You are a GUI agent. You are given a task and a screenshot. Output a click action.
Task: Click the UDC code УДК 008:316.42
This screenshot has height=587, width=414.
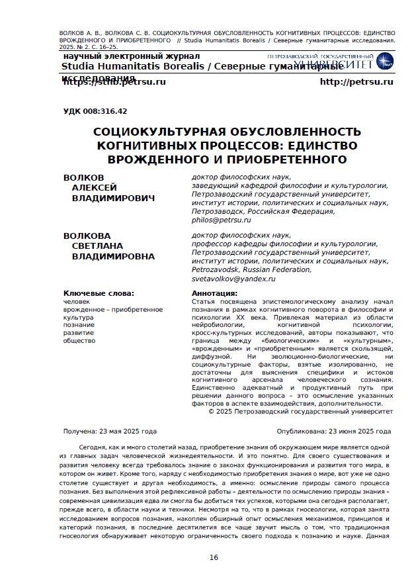(x=95, y=111)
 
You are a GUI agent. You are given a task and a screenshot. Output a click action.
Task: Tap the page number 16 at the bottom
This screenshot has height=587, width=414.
(x=214, y=557)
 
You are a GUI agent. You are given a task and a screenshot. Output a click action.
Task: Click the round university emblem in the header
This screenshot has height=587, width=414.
(x=384, y=62)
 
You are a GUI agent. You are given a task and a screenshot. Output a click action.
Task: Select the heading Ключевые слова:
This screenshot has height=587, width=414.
(x=99, y=293)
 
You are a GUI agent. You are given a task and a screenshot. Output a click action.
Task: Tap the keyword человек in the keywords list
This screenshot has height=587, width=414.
(x=77, y=302)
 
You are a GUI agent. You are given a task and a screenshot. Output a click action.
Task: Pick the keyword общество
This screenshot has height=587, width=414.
(x=79, y=341)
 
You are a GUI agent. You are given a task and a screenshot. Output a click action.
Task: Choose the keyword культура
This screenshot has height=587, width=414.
(x=79, y=318)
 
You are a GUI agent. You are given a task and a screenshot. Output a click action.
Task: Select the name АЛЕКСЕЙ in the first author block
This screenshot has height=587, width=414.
(x=94, y=188)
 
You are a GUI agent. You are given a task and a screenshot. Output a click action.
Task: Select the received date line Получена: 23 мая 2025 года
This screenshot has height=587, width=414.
(x=110, y=431)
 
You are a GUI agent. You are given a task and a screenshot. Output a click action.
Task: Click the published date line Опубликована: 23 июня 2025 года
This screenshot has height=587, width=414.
(x=333, y=431)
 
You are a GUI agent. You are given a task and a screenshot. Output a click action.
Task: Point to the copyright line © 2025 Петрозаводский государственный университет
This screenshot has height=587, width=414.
(x=300, y=411)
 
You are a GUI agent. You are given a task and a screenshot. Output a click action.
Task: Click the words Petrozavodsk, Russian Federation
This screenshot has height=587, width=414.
(x=251, y=269)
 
